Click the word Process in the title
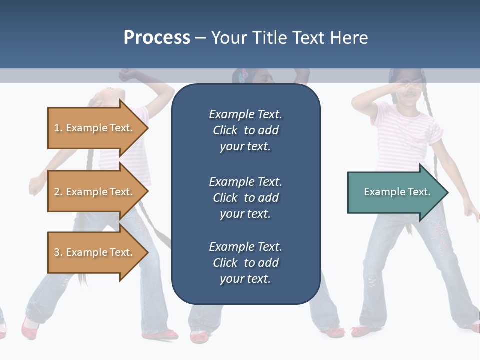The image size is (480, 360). pos(157,38)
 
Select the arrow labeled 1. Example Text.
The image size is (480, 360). pos(95,128)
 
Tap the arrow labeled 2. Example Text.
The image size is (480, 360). pos(95,192)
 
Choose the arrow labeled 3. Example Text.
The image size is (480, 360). pos(95,252)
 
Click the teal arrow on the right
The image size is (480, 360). pos(395,192)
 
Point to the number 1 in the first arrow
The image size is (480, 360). pos(57,128)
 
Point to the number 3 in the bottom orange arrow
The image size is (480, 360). pos(57,252)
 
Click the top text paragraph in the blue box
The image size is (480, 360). pos(245,130)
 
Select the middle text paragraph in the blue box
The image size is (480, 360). pos(245,198)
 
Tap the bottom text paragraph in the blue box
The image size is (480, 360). pos(245,263)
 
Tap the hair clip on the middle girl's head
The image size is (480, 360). pos(244,76)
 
